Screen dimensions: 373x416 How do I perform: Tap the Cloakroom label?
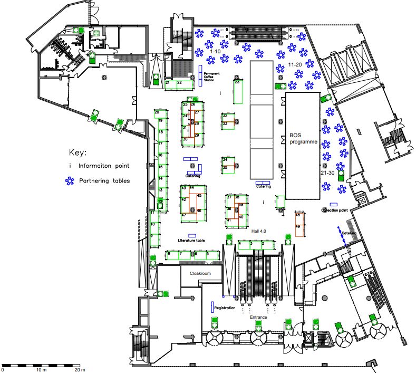(200, 273)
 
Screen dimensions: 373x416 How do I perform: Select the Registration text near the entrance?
(224, 308)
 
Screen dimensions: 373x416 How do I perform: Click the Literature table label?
(191, 240)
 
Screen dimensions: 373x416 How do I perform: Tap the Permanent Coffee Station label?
(212, 76)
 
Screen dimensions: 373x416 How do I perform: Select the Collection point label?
(335, 210)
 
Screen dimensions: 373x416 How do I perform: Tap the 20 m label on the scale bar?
(79, 369)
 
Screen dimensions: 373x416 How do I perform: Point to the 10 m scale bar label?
(41, 369)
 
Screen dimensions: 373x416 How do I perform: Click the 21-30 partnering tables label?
(327, 173)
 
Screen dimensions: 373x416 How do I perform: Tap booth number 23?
(237, 82)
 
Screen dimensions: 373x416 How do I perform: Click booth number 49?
(297, 226)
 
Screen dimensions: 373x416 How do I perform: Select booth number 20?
(157, 112)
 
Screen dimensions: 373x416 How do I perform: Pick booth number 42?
(183, 200)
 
